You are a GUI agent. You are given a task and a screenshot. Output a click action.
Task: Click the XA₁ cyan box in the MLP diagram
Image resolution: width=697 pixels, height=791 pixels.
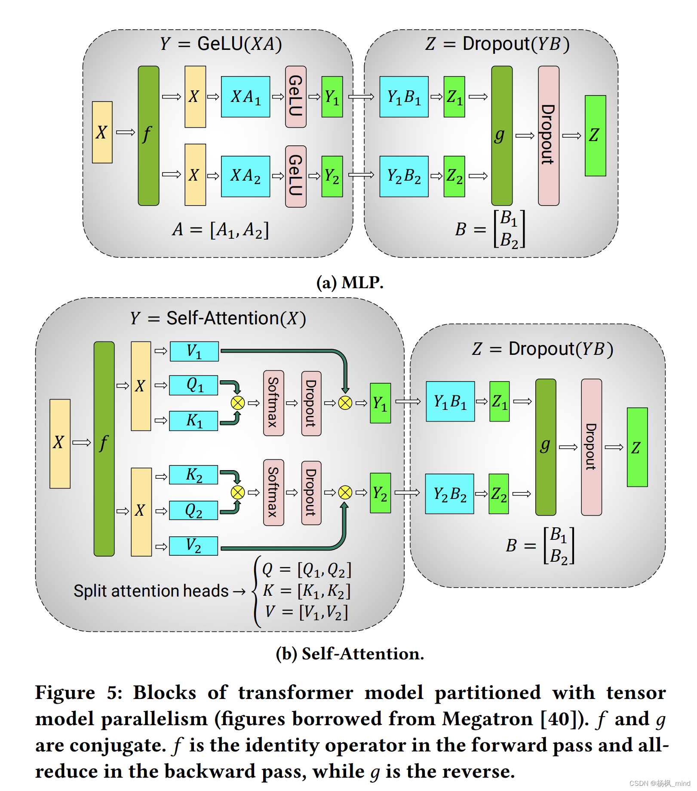[x=246, y=97]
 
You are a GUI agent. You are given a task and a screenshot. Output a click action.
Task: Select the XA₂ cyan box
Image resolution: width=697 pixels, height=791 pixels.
[x=246, y=176]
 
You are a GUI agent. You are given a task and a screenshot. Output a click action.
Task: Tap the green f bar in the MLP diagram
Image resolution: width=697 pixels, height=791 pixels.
[x=148, y=135]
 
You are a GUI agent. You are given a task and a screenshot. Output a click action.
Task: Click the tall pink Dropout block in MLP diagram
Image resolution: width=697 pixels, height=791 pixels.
[x=548, y=135]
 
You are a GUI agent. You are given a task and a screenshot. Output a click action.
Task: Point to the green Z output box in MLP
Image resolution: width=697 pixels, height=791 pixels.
[x=595, y=135]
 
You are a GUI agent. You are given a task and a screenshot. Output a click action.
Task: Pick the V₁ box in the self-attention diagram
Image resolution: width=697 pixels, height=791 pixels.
[x=194, y=351]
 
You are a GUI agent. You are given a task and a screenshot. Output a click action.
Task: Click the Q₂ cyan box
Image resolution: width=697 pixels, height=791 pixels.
[x=193, y=511]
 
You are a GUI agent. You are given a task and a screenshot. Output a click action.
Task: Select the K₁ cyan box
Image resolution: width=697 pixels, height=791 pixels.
[x=193, y=421]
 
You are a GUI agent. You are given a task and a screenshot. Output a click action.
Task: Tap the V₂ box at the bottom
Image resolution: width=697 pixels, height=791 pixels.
[x=193, y=546]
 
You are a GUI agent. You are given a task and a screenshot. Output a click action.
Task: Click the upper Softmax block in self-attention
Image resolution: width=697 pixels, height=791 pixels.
[x=273, y=403]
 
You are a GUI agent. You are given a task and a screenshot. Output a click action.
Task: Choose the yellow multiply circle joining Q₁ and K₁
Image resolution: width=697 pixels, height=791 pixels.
[x=238, y=403]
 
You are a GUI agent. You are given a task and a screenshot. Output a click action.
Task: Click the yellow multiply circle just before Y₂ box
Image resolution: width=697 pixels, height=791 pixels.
[x=345, y=492]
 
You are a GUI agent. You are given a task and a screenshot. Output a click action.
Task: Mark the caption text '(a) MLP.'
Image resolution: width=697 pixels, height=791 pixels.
[x=350, y=283]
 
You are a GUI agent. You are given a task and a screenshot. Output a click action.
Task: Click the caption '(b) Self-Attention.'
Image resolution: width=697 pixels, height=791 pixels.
[x=350, y=654]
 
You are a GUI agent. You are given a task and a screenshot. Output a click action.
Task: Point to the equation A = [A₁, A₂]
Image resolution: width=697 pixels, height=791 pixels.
[x=220, y=230]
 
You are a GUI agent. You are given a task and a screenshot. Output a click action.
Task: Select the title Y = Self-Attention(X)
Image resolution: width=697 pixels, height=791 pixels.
[x=218, y=318]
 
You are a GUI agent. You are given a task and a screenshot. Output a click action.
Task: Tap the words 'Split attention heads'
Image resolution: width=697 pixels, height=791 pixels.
[x=151, y=591]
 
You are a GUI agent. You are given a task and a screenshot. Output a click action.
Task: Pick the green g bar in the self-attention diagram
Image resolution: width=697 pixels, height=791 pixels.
[x=545, y=447]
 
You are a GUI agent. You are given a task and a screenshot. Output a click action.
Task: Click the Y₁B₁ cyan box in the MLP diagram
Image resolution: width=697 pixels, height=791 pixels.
[x=404, y=97]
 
